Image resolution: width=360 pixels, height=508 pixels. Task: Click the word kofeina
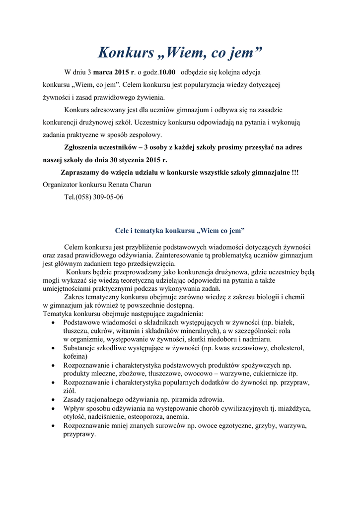75,356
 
